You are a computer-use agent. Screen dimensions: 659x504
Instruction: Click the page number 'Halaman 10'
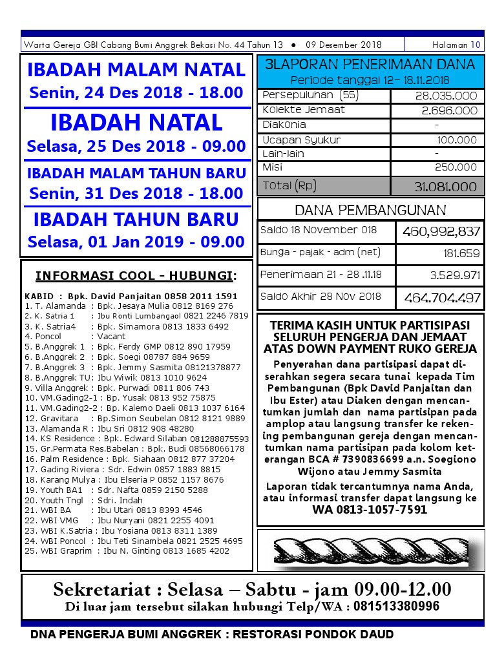(457, 45)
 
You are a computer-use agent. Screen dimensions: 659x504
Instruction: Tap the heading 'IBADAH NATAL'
(136, 122)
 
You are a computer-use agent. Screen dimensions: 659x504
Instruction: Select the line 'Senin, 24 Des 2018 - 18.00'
(136, 92)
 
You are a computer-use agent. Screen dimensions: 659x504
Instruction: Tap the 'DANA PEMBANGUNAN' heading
(370, 210)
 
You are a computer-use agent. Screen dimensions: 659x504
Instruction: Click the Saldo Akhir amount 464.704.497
(442, 298)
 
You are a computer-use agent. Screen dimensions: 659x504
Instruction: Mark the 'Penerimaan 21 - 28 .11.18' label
(321, 275)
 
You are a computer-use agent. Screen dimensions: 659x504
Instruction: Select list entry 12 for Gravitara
(135, 418)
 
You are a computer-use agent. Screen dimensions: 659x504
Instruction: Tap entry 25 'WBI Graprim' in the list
(127, 550)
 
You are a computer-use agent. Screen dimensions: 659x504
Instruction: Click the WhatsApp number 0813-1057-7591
(370, 510)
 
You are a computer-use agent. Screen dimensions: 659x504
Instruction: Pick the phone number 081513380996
(394, 607)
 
